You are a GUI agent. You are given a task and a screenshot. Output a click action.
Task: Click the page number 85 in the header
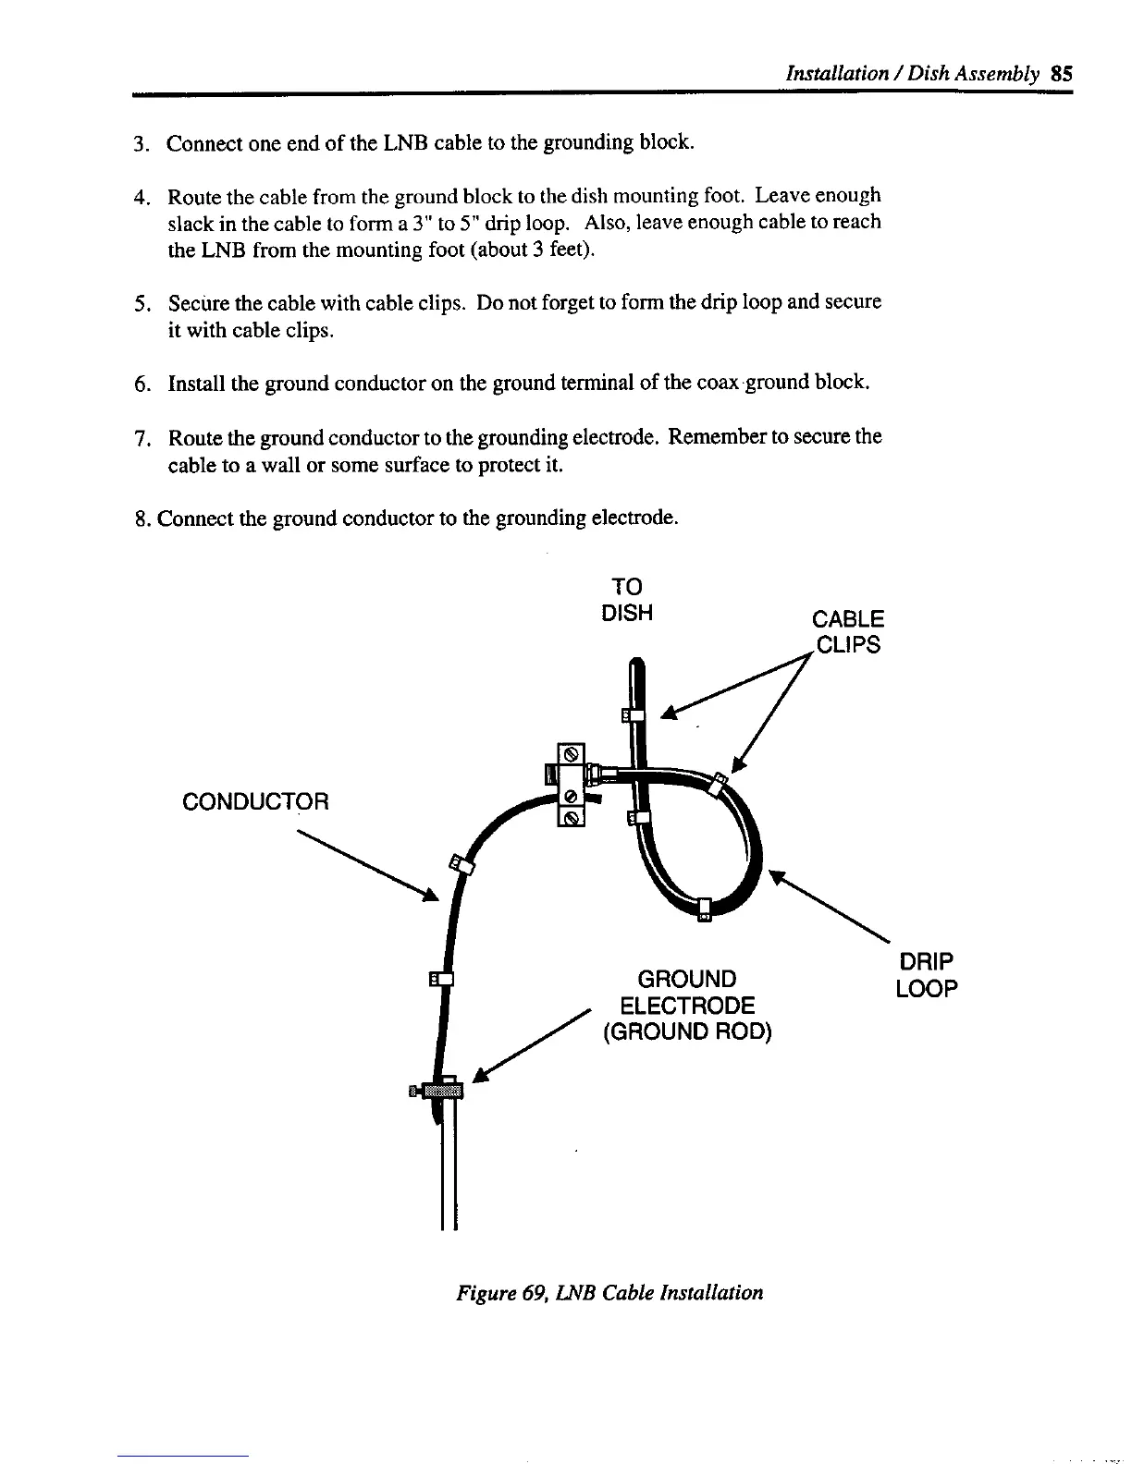[1061, 73]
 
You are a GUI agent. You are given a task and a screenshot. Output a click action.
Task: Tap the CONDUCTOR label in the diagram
[256, 800]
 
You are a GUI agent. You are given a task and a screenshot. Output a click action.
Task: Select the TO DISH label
[627, 599]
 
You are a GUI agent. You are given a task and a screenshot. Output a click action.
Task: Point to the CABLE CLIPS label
[847, 631]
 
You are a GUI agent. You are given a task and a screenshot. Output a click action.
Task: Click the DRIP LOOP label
[926, 974]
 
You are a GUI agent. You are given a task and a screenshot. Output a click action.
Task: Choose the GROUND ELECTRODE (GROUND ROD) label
[687, 1005]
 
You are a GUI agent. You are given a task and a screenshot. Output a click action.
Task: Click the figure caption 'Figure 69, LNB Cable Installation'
[610, 1292]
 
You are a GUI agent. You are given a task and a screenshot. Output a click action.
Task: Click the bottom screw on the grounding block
[572, 817]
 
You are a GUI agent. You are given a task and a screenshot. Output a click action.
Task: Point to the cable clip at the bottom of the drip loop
[703, 909]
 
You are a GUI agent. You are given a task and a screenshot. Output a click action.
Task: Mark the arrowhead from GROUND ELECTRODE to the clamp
[480, 1075]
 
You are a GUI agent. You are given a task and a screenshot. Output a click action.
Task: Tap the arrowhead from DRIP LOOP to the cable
[778, 877]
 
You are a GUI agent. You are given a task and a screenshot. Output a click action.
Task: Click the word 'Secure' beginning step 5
[196, 303]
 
